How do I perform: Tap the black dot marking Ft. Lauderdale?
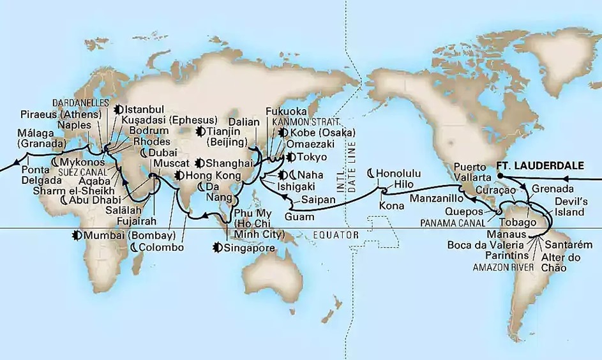click(500, 174)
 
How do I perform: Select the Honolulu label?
click(401, 172)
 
